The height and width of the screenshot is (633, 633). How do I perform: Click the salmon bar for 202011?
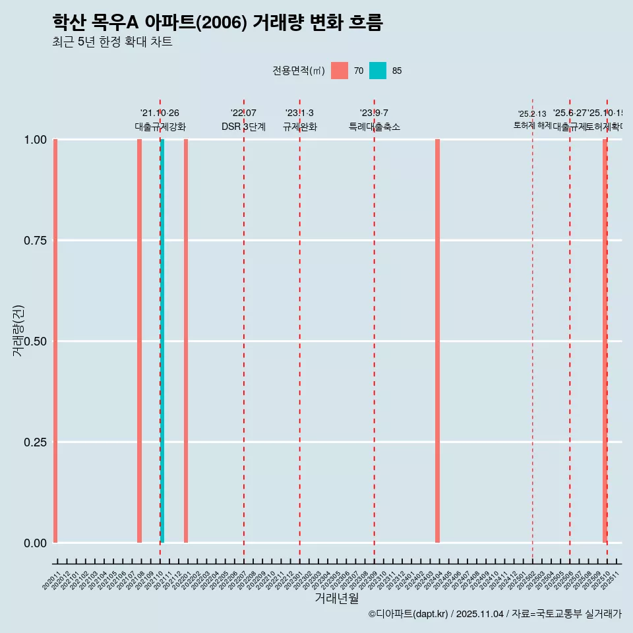coord(55,341)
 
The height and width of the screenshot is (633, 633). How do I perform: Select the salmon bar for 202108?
coord(139,341)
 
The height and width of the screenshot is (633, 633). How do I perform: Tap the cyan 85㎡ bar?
coord(162,341)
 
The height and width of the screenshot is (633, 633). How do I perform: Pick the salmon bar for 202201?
coord(186,341)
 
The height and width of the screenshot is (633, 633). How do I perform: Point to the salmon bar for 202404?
coord(437,341)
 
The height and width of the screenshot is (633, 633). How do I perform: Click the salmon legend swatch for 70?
coord(340,71)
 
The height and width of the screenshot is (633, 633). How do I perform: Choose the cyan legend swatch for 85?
coord(378,71)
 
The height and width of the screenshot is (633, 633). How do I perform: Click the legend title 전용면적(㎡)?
coord(298,71)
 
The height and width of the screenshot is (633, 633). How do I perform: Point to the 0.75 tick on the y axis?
coord(34,241)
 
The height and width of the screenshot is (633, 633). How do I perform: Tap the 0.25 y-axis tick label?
coord(34,442)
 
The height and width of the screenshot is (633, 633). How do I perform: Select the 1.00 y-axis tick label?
coord(34,140)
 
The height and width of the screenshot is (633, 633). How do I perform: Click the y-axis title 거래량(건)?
coord(18,330)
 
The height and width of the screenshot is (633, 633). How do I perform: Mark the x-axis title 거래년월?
coord(336,599)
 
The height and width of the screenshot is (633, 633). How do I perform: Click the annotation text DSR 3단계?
coord(243,127)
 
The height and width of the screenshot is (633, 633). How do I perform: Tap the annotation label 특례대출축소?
coord(375,127)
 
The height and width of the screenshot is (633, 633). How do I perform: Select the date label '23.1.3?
coord(299,113)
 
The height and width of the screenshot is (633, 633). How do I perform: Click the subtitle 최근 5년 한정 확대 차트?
coord(112,42)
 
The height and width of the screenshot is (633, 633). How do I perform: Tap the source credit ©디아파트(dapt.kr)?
coord(409,614)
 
